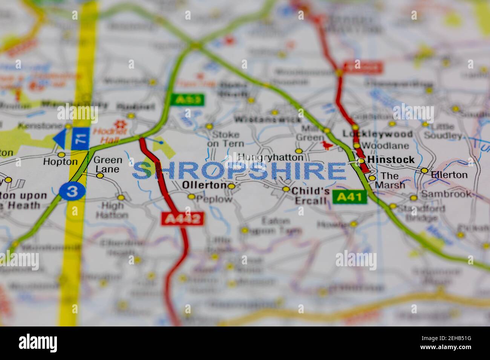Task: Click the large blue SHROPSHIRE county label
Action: click(239, 171)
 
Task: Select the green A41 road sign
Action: click(349, 197)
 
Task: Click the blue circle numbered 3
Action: click(72, 191)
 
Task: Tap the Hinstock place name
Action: click(391, 160)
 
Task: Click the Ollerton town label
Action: click(204, 185)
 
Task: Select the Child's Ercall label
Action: click(311, 195)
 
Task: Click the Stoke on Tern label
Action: click(226, 139)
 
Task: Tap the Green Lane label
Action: click(108, 165)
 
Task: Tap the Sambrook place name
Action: click(446, 194)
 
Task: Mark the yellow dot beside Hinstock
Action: click(361, 161)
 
